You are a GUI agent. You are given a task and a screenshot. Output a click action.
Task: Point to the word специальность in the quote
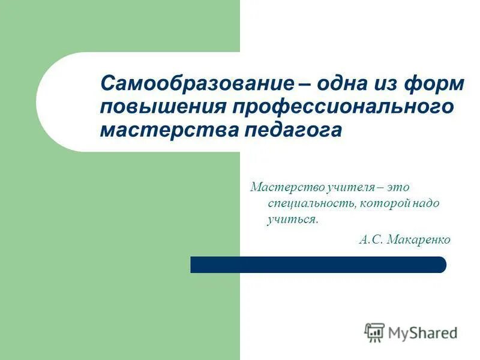tap(312, 203)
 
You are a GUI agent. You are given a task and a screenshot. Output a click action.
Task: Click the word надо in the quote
tap(427, 203)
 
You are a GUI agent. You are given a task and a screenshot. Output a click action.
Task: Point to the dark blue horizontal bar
tap(318, 265)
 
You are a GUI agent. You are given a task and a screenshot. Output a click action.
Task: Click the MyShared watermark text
tap(422, 332)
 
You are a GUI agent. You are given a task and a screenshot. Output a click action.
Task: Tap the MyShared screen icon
tap(374, 332)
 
